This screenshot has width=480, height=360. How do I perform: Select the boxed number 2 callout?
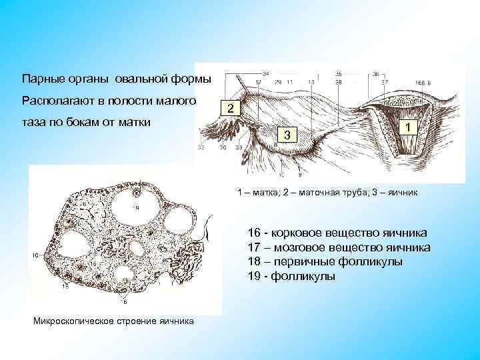(229, 109)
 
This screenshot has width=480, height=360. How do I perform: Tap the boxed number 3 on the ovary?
(286, 136)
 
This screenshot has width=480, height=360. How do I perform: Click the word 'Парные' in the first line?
(41, 79)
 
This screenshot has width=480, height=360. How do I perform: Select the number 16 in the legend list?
(253, 233)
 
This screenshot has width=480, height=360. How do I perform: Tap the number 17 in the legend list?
(253, 247)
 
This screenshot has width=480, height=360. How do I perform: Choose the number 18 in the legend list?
(253, 262)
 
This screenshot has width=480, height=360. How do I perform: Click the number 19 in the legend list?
(253, 277)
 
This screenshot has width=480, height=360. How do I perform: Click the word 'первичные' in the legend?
(304, 262)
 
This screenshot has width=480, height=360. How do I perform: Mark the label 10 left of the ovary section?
(35, 255)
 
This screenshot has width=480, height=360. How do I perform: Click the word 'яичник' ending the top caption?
(402, 192)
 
